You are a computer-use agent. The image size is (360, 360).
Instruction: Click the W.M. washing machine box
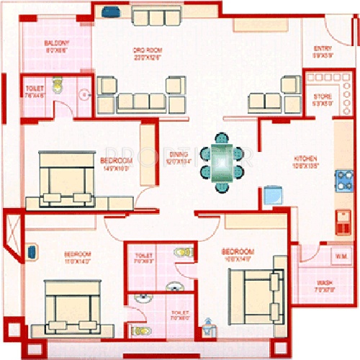(341, 255)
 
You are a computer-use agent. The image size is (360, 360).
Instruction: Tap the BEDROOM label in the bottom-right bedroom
(238, 254)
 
